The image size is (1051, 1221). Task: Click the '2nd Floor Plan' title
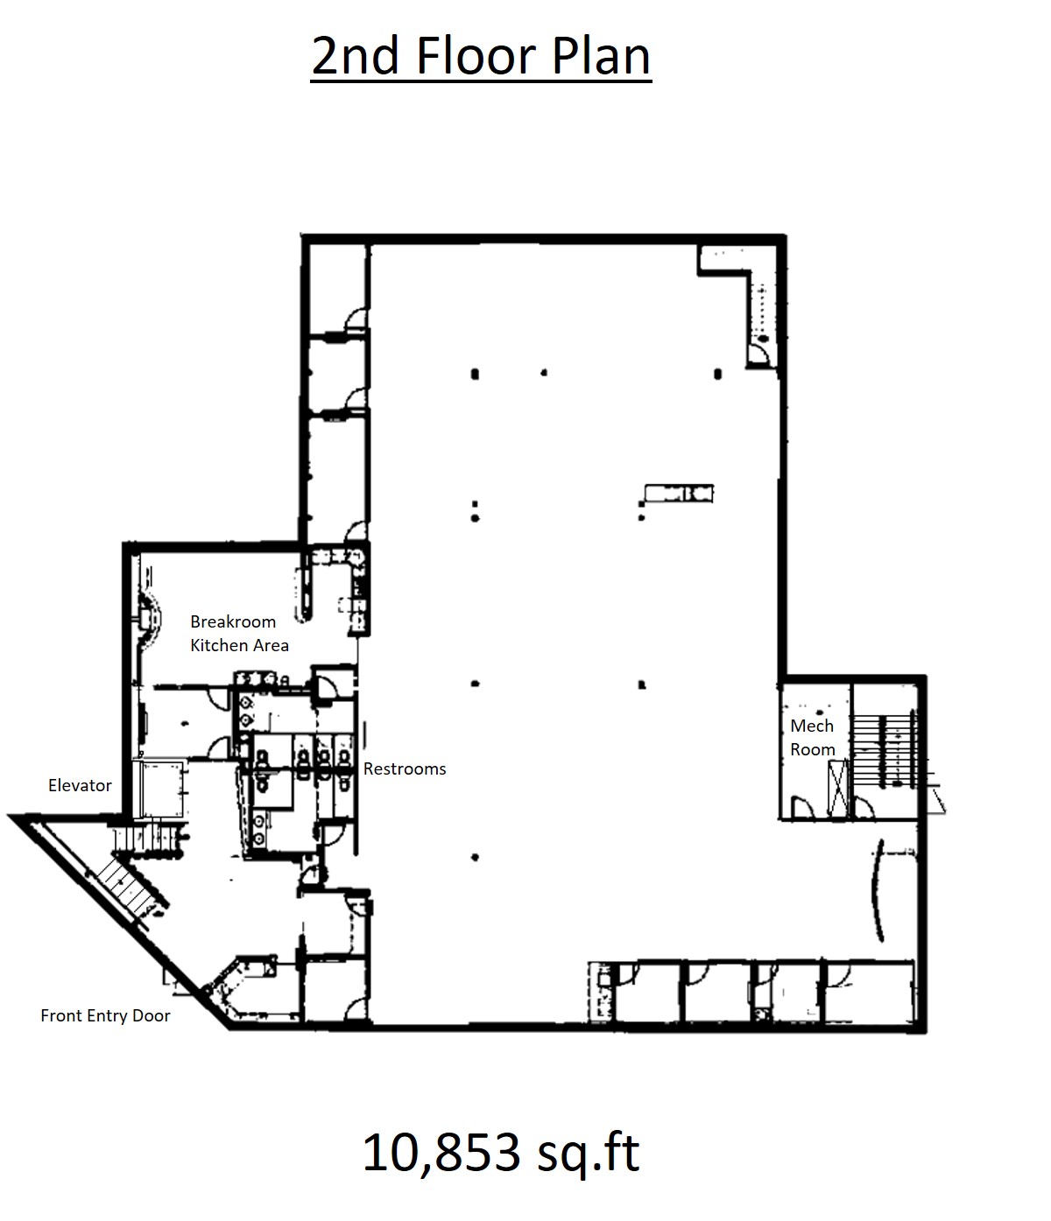(481, 56)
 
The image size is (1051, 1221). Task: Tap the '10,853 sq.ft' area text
(501, 1151)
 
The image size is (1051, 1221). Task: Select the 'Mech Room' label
(812, 737)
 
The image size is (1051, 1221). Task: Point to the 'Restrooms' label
(405, 768)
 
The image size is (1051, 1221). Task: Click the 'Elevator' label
(80, 785)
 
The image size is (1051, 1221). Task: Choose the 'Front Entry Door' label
(105, 1015)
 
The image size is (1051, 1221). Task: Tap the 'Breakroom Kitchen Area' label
(239, 633)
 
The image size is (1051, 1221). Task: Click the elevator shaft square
(161, 789)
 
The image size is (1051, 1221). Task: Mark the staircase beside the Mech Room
(885, 750)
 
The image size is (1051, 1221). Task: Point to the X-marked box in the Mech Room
(837, 789)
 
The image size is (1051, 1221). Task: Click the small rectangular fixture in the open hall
(679, 494)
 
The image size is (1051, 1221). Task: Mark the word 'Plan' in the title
(601, 56)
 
